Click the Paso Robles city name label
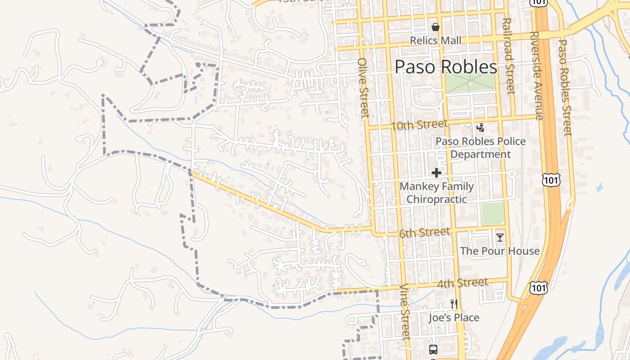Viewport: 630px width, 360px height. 446,67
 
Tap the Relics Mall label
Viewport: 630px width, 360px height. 436,40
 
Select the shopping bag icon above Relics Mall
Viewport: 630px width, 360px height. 435,27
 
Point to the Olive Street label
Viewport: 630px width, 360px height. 364,87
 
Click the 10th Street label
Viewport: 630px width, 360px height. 419,125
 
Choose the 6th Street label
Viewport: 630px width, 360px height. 424,233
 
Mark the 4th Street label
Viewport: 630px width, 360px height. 462,283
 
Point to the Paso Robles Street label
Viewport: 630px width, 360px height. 565,88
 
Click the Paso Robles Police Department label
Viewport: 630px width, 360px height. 481,148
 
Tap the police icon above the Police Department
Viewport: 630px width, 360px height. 481,128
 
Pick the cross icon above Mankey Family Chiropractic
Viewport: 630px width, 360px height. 436,173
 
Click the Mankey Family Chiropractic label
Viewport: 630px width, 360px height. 436,193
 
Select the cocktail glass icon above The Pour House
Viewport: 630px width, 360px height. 499,238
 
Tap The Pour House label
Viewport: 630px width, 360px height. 499,251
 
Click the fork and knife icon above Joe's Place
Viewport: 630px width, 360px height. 454,304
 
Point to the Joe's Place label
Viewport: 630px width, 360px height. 454,318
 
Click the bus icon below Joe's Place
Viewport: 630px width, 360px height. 433,350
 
